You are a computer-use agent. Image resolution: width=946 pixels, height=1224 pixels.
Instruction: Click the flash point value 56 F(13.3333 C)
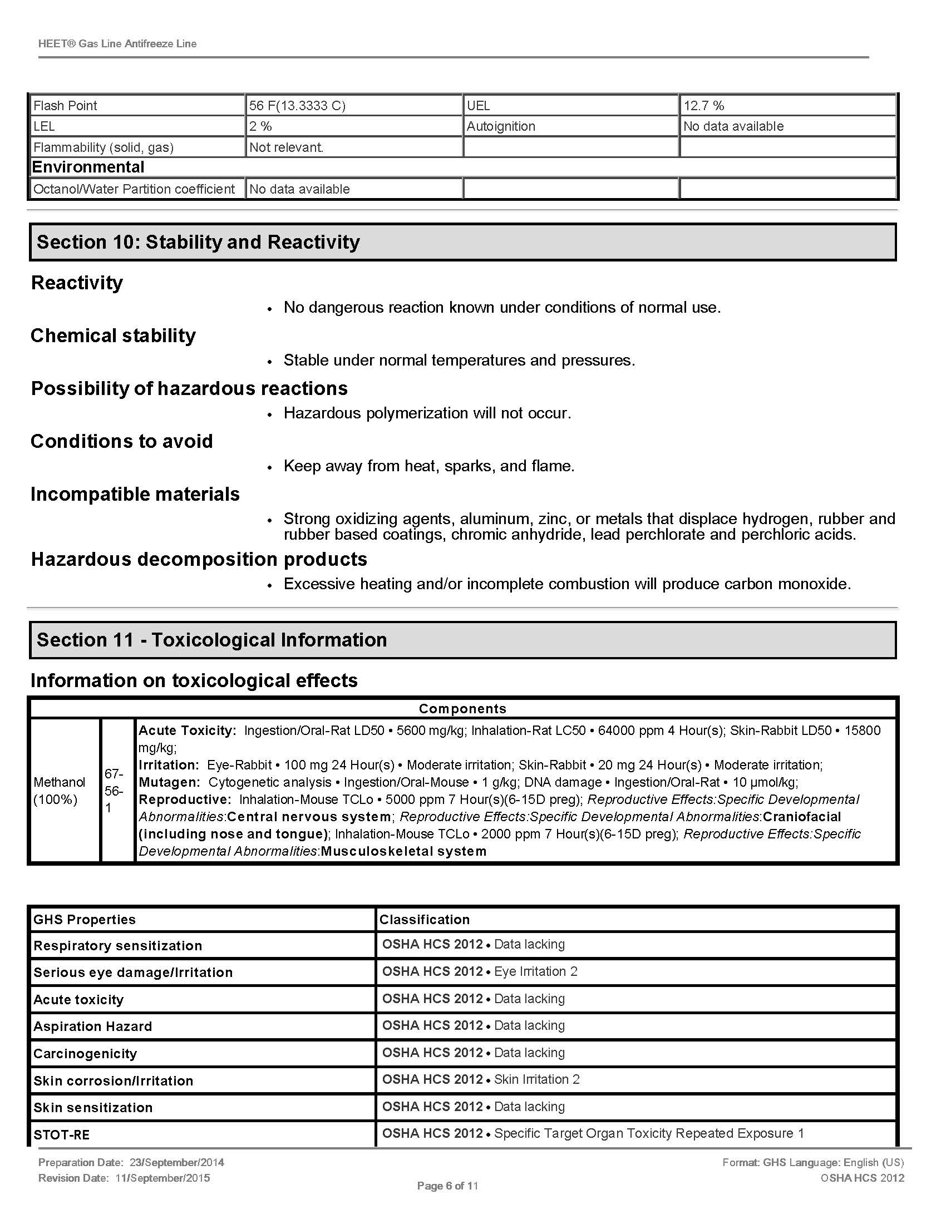click(297, 105)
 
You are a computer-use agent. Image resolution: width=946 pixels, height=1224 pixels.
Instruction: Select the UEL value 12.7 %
click(703, 105)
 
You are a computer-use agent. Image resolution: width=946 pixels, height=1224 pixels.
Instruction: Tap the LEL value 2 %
click(260, 126)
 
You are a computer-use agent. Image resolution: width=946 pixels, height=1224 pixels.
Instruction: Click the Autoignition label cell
click(501, 126)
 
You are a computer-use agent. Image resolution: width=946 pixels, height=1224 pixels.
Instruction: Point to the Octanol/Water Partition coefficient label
click(134, 189)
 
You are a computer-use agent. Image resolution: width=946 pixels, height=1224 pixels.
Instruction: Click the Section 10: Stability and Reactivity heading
click(199, 242)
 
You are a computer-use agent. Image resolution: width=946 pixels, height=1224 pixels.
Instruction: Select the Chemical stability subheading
click(113, 335)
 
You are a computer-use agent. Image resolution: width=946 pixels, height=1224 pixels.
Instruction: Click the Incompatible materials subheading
click(135, 493)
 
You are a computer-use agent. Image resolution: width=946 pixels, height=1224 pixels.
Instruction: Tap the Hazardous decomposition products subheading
click(199, 559)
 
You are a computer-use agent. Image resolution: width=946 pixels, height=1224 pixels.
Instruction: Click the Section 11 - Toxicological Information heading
click(212, 639)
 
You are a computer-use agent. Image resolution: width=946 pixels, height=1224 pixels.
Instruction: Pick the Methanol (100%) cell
click(60, 790)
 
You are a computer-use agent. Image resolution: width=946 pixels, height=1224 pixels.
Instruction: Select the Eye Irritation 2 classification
click(535, 971)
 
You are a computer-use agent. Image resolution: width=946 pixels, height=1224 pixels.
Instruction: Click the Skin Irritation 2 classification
click(536, 1079)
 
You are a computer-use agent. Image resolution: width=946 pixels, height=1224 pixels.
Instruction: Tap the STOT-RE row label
click(62, 1135)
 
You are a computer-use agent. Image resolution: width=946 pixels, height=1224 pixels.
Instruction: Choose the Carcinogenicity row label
click(85, 1053)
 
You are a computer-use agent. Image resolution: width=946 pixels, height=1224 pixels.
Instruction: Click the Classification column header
click(424, 919)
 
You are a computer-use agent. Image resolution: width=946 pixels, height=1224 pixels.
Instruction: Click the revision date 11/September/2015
click(162, 1177)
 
